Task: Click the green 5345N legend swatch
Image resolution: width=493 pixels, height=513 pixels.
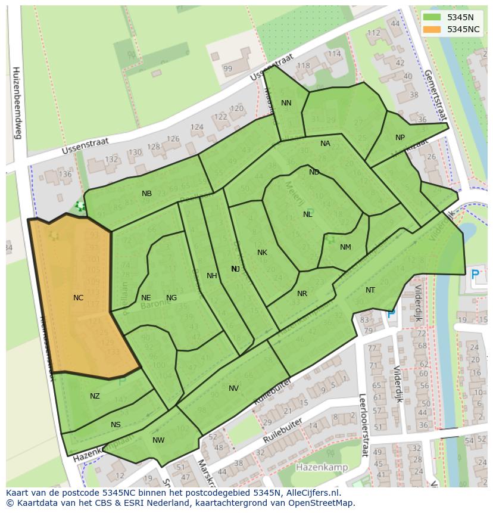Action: pos(432,18)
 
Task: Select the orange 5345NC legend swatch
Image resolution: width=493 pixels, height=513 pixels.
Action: pos(432,29)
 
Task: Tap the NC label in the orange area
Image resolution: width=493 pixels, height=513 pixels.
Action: pos(78,298)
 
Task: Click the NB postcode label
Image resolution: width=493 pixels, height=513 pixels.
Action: pos(146,194)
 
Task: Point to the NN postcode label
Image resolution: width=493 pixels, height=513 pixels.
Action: pos(286,103)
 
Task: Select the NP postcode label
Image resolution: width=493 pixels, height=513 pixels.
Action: pos(400,138)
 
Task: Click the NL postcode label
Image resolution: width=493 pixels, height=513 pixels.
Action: pos(308,214)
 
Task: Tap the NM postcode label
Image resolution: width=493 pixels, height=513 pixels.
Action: pos(345,247)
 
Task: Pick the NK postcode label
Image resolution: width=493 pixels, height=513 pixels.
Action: pos(262,253)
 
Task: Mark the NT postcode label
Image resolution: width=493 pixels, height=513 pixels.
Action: pos(370,290)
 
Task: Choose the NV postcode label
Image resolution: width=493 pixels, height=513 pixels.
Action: pos(233,388)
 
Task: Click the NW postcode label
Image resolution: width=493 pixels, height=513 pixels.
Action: pos(158,440)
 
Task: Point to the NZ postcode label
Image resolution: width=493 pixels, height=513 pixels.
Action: pos(95,396)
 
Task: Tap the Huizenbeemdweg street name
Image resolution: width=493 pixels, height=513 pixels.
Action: pos(17,102)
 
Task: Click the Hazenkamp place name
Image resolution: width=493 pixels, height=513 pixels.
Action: pos(322,467)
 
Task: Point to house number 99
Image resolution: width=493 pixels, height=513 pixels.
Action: pos(227,69)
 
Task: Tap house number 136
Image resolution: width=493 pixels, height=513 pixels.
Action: pos(65,175)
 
